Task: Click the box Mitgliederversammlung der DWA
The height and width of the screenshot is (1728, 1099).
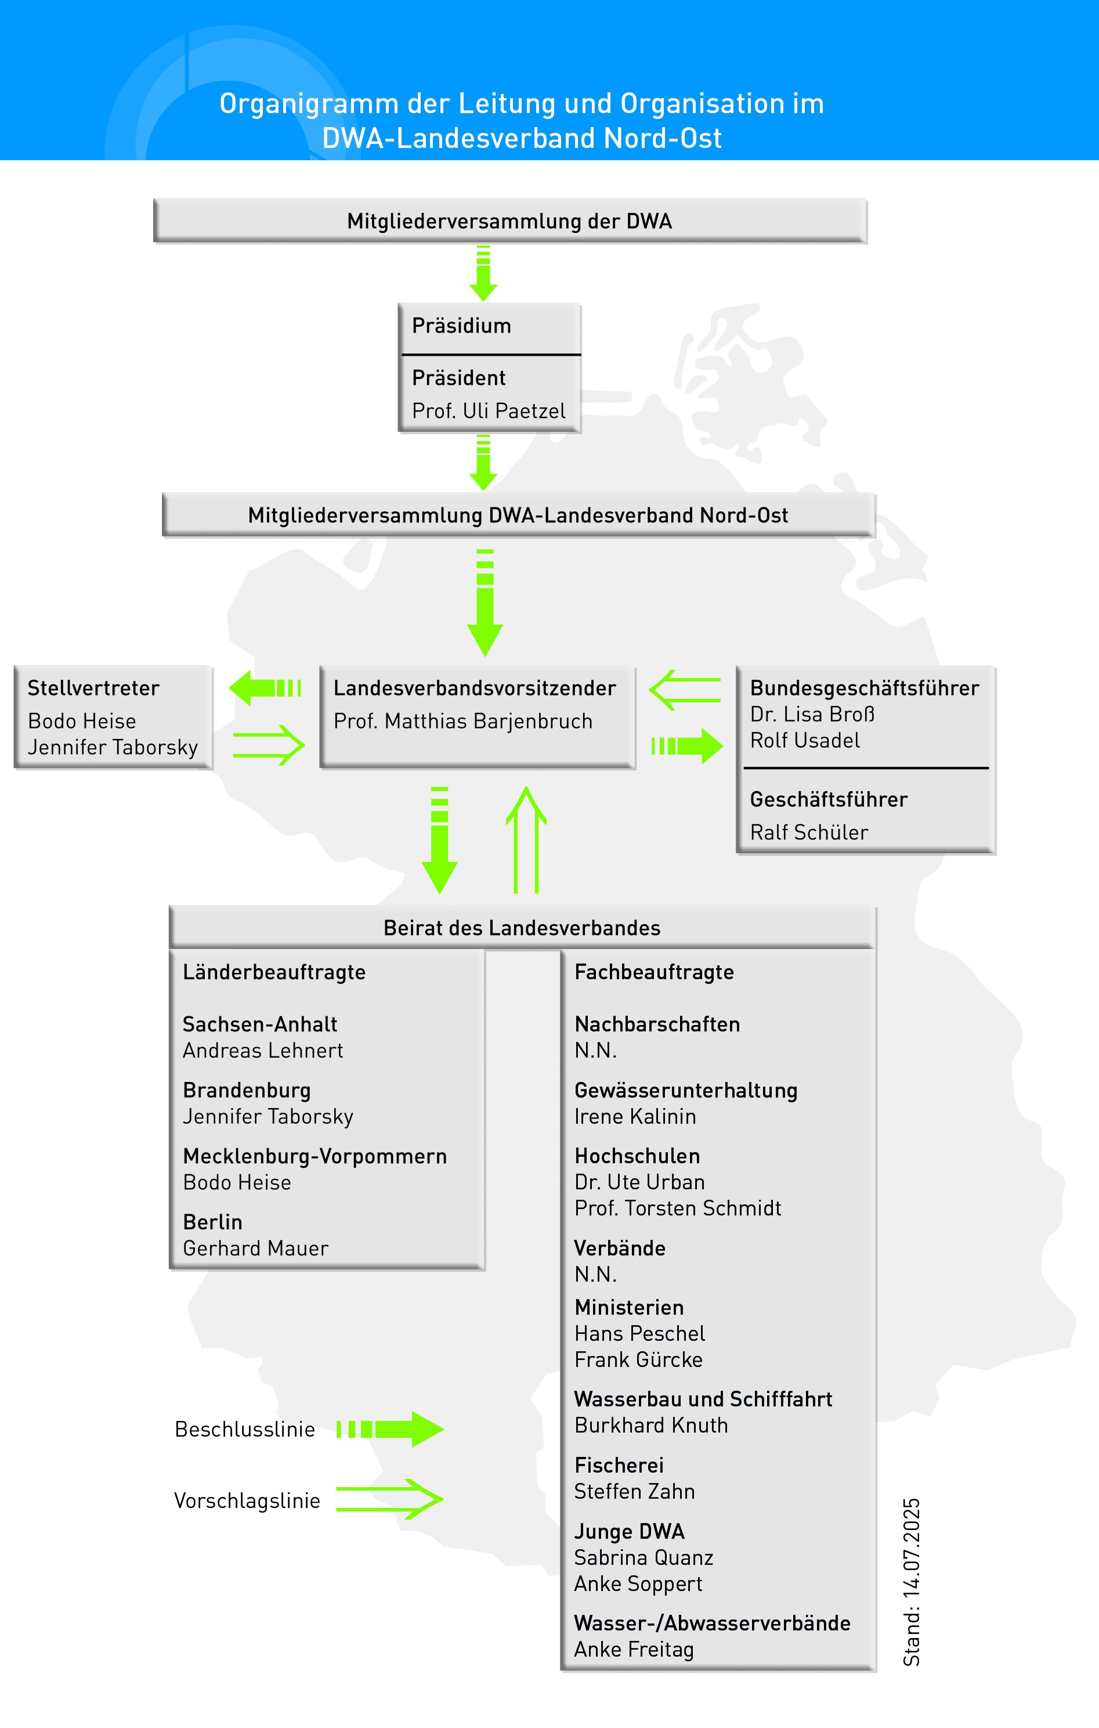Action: [x=509, y=221]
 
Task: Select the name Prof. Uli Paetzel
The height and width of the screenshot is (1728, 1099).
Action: [x=489, y=411]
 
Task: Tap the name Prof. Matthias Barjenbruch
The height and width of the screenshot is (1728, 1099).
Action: [x=462, y=721]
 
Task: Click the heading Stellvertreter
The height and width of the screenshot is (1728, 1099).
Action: [x=93, y=688]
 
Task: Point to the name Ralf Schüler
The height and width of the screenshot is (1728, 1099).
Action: [x=808, y=832]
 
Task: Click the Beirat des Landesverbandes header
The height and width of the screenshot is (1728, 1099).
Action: [x=522, y=928]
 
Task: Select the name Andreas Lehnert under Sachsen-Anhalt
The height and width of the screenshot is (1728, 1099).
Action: [x=262, y=1051]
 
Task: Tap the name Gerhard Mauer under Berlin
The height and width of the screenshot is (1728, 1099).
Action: [x=255, y=1249]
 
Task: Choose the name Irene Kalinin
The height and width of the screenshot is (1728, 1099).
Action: [x=635, y=1117]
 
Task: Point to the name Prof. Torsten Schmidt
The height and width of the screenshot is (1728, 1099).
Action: [x=677, y=1208]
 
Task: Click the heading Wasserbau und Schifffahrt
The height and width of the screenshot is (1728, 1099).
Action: [x=703, y=1399]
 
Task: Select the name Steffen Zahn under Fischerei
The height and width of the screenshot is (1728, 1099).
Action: [x=634, y=1492]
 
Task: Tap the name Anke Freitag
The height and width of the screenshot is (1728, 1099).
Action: [x=634, y=1650]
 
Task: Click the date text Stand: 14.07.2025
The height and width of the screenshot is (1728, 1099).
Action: [x=911, y=1582]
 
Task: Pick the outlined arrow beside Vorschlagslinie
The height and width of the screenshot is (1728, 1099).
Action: [x=389, y=1499]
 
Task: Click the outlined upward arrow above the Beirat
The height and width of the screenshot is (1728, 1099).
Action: [x=526, y=839]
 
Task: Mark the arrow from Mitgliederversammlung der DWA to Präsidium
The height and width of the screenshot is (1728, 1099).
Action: [x=483, y=273]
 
